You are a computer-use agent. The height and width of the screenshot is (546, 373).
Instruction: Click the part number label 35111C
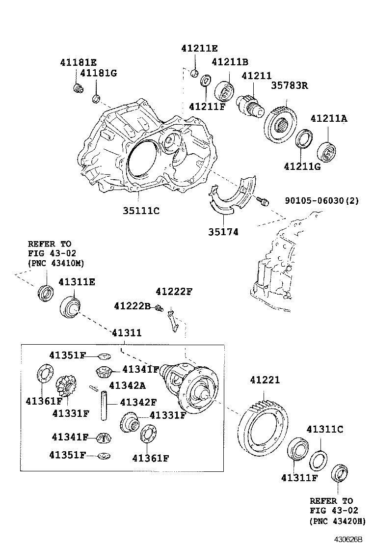click(141, 211)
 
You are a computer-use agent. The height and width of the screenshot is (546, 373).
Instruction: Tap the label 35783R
click(290, 85)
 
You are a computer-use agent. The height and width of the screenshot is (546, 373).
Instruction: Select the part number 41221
click(265, 380)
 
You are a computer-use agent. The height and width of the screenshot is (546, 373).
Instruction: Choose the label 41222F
click(174, 292)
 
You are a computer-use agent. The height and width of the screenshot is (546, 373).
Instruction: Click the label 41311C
click(324, 429)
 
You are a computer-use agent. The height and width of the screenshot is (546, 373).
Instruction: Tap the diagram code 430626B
click(348, 539)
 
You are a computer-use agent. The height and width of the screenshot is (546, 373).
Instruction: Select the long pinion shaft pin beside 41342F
click(104, 406)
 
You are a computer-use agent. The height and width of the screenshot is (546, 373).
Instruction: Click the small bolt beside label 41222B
click(159, 308)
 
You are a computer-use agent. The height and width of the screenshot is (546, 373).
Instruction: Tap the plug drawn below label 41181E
click(77, 88)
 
